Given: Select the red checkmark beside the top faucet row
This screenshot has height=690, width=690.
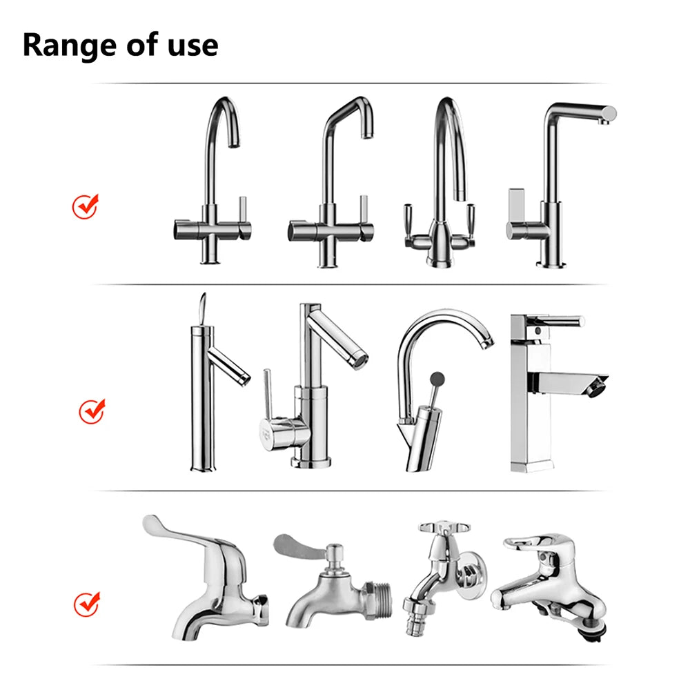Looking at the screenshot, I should (86, 206).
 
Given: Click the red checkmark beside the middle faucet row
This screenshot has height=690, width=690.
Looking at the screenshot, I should (91, 411).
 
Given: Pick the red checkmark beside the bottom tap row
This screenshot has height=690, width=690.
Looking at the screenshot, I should (87, 604).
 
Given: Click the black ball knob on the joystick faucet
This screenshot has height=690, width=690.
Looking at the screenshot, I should (437, 377).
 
